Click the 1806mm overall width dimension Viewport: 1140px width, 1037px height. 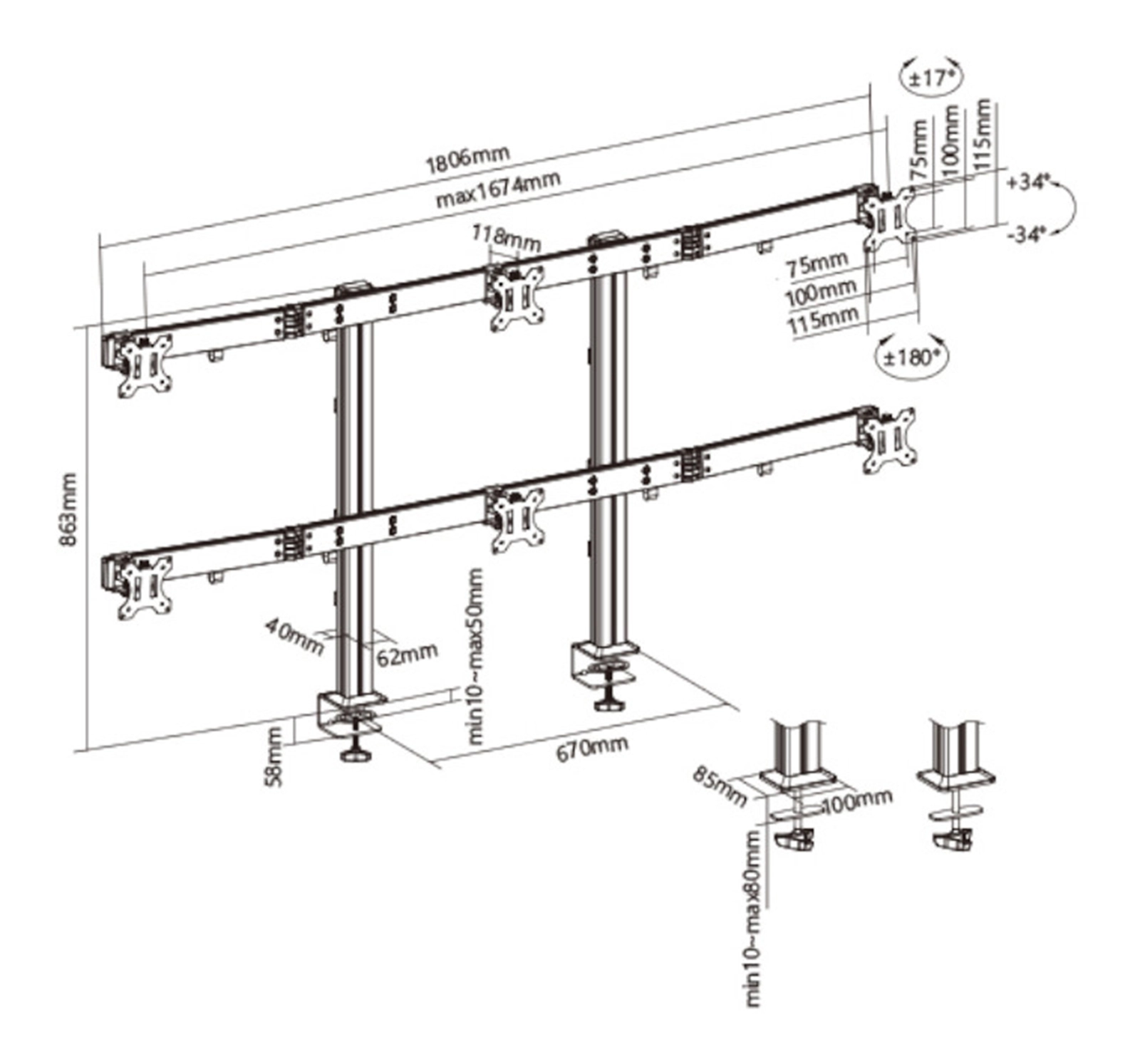point(467,160)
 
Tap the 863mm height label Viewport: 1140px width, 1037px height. point(68,509)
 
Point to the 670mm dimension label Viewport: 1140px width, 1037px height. point(592,748)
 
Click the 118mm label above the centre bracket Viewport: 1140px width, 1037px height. point(506,238)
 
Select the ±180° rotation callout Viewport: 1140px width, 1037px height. point(913,356)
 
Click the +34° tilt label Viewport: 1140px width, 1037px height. point(1029,182)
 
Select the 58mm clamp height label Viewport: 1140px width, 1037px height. point(274,756)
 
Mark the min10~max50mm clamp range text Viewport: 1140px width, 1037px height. point(475,656)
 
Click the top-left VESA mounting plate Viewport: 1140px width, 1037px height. point(145,365)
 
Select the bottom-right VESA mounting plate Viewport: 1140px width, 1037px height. point(888,441)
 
